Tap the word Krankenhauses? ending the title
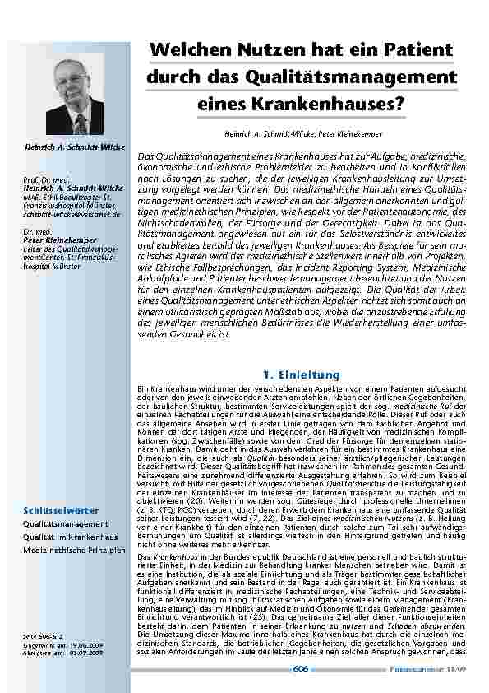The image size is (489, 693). click(x=339, y=105)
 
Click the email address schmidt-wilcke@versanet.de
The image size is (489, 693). click(x=72, y=213)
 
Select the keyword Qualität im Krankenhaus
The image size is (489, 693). click(x=71, y=536)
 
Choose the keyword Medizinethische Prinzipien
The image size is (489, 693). click(x=74, y=549)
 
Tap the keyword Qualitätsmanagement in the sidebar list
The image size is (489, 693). click(x=65, y=523)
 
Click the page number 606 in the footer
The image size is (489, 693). click(x=301, y=669)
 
